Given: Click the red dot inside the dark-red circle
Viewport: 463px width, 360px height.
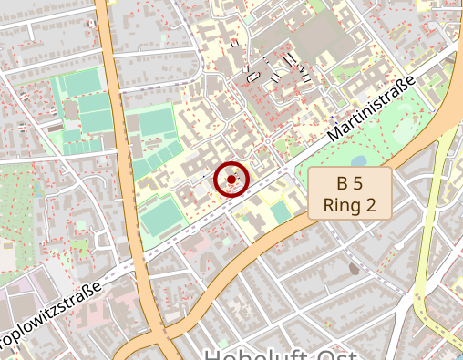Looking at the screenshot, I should tap(231, 180).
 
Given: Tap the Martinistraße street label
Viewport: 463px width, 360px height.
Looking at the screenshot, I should tap(371, 108).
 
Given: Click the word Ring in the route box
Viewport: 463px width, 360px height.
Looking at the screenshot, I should tap(342, 205).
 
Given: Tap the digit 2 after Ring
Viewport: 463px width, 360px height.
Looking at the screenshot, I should tap(370, 205).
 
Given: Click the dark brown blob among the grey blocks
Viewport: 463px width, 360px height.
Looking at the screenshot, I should tap(354, 269).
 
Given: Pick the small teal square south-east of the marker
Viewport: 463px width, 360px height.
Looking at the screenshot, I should tap(280, 211).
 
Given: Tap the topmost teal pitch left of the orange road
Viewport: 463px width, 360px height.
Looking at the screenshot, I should tap(83, 83).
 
